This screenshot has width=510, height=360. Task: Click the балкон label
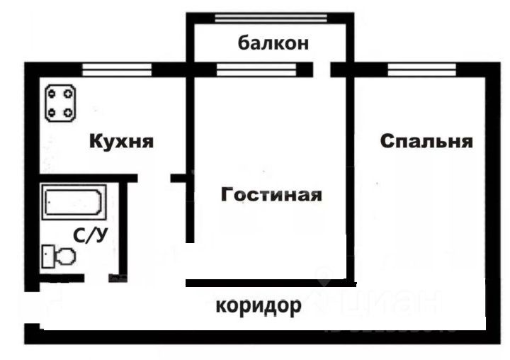(273, 43)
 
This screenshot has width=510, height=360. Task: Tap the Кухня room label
(121, 141)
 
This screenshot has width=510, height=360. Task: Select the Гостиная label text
(271, 194)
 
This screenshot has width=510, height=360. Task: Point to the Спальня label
(426, 141)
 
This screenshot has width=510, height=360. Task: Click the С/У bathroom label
(91, 236)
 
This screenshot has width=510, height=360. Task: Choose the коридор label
(259, 306)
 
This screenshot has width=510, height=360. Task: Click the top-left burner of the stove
(52, 92)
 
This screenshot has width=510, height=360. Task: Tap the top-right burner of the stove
(69, 92)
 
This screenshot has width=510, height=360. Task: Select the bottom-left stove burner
(52, 111)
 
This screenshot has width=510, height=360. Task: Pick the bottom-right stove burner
(69, 111)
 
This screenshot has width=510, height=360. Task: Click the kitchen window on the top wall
(118, 69)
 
